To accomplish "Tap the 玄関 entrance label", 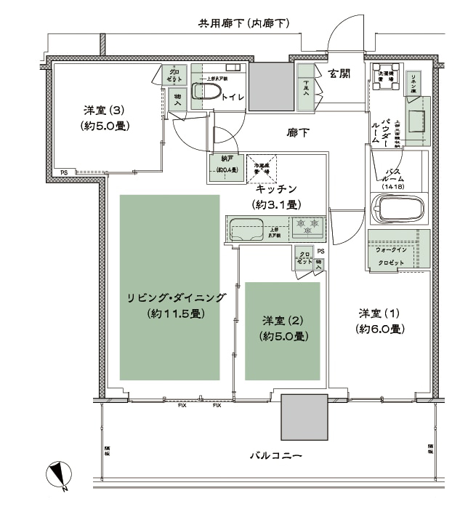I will click(341, 73).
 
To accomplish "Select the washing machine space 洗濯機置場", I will click(386, 81).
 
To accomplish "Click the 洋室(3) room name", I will click(104, 111).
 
